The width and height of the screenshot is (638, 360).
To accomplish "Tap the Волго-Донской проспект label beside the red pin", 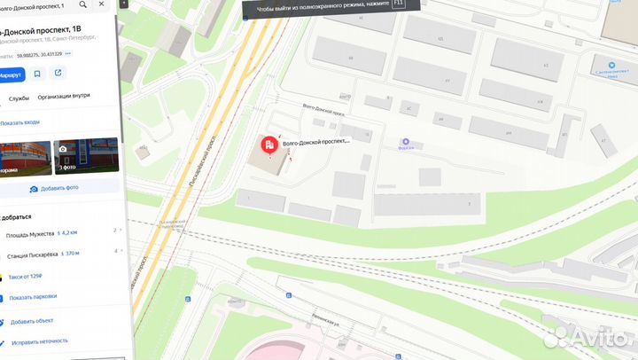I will pos(315,141).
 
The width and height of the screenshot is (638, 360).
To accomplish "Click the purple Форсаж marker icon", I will pos(406,142).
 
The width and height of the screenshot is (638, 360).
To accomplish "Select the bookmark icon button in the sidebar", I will pos(37,74).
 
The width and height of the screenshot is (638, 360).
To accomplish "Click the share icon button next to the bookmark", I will pos(58,74).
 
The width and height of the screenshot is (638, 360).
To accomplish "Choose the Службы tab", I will pos(19,98).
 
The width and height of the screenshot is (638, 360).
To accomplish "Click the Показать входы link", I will pos(19,123).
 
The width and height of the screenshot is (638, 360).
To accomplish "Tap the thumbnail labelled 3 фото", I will pos(86,155).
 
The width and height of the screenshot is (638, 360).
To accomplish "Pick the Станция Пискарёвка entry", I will pos(32,254).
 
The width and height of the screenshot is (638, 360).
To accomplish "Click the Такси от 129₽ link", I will pos(26,277).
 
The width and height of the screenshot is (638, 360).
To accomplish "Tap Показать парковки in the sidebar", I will pos(34,297).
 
